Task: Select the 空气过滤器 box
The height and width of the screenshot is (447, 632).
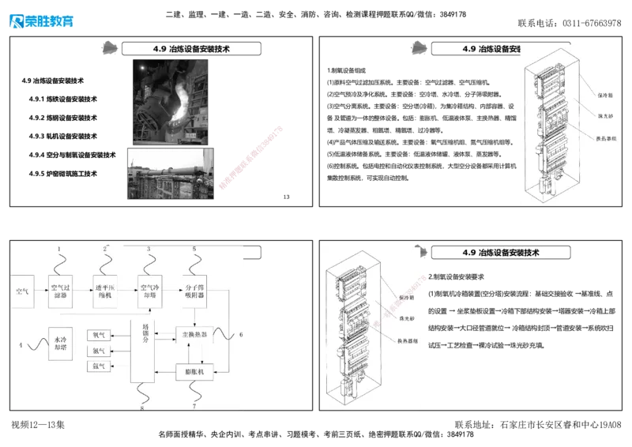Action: coord(62,291)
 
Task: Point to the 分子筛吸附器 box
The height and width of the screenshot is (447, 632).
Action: coord(194,291)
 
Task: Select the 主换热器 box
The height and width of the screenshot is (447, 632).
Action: coord(194,335)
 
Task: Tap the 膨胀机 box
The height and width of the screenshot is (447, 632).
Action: coord(194,370)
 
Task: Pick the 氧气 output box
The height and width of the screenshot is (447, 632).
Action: coord(99,335)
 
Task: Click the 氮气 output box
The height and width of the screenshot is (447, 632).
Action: coord(99,351)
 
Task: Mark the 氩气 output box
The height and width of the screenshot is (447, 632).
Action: coord(99,366)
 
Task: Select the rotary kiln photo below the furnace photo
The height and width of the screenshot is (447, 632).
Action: coord(168,174)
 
